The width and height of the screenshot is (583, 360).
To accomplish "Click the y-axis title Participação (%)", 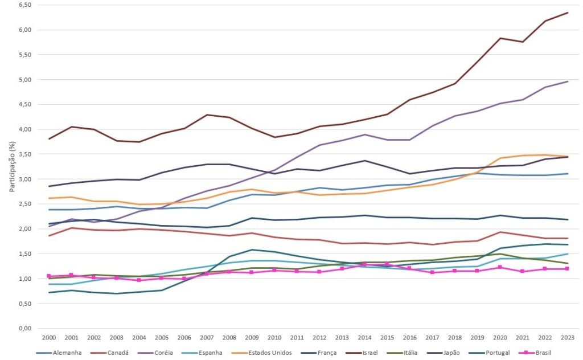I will [x=13, y=165].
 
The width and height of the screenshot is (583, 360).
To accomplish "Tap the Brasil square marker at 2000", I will [x=49, y=276].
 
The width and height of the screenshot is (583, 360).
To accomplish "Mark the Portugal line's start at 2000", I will [x=49, y=293].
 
